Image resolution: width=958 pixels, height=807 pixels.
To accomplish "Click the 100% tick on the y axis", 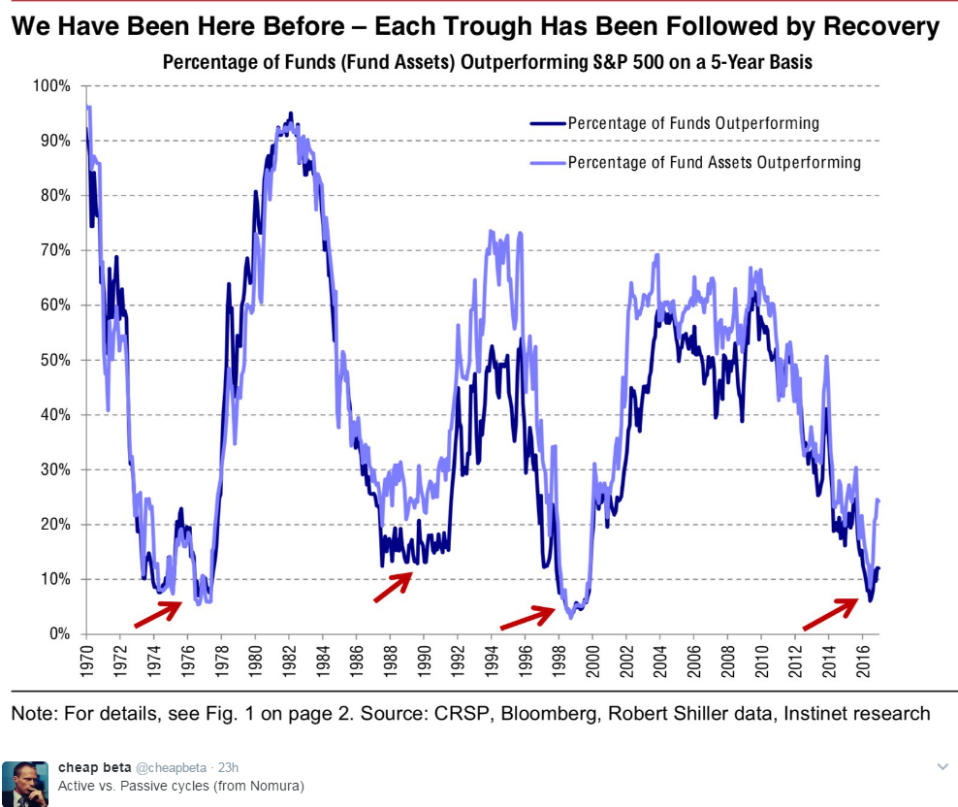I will click(x=53, y=86).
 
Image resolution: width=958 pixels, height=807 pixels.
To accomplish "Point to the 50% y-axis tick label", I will click(x=56, y=360).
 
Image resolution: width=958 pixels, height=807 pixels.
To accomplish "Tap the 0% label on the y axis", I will click(x=60, y=634).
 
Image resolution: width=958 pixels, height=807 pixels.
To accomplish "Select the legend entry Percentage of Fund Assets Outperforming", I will click(x=714, y=162).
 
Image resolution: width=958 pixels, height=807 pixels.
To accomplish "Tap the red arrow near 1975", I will click(x=156, y=613).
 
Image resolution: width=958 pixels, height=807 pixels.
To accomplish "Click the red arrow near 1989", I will click(x=394, y=587).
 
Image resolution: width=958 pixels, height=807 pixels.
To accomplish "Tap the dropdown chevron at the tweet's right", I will click(x=942, y=767).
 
